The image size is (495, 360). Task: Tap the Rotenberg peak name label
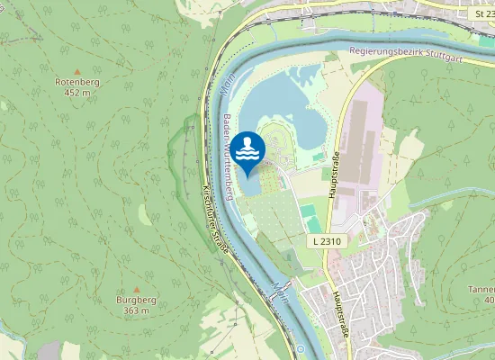tap(77, 82)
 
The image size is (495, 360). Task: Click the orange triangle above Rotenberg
tap(77, 71)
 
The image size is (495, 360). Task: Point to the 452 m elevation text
tap(77, 93)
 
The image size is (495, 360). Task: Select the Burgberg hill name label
tap(136, 300)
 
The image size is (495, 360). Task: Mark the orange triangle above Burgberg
tap(136, 289)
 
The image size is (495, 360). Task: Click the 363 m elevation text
tap(136, 310)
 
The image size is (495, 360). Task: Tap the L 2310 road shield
tap(328, 242)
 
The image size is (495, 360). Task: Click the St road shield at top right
tap(484, 14)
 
